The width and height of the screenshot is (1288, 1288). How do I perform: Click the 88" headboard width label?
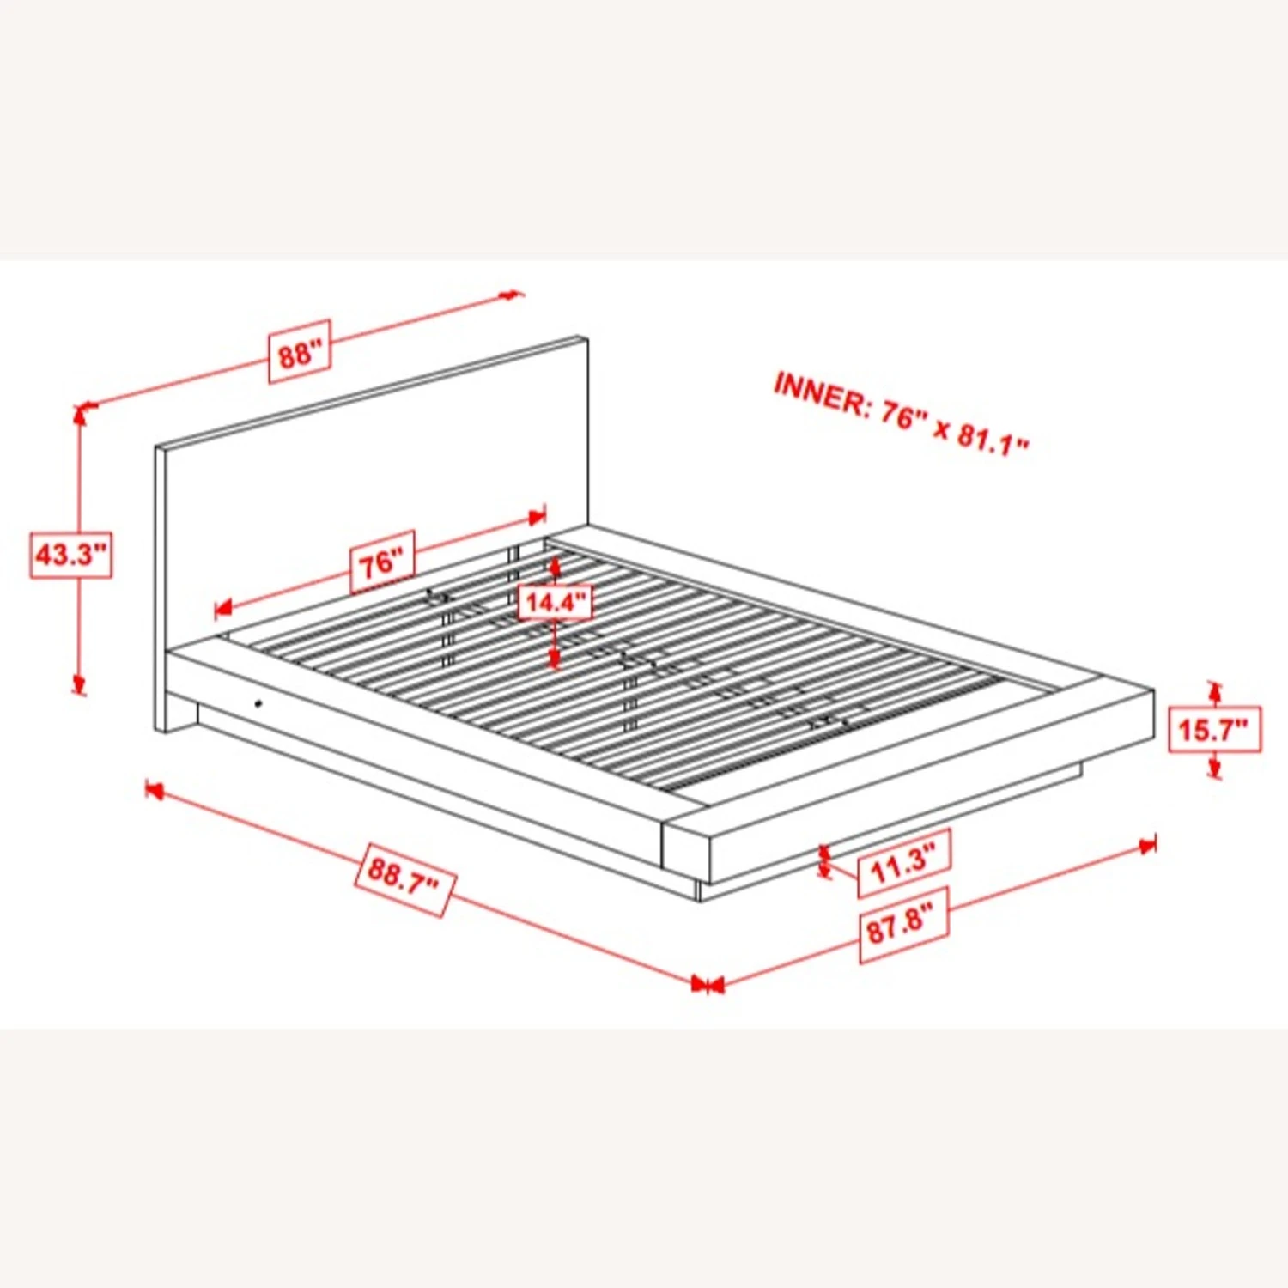300,351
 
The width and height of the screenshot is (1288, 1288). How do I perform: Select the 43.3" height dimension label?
71,555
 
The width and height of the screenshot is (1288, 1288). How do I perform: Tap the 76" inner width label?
382,562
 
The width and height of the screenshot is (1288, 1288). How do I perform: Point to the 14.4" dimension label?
556,601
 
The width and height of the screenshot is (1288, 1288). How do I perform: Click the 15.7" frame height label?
1215,730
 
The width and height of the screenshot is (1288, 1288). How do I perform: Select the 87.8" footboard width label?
903,926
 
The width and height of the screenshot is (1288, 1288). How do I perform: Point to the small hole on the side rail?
258,704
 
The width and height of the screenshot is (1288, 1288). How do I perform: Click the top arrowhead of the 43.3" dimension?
80,416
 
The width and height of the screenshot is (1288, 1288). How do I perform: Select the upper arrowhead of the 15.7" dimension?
1214,690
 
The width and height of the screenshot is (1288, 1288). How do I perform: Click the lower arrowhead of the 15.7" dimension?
1214,769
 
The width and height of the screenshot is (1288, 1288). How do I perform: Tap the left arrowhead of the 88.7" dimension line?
155,789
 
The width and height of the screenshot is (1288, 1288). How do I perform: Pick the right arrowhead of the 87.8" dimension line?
1146,847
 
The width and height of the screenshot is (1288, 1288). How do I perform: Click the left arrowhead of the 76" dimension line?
224,609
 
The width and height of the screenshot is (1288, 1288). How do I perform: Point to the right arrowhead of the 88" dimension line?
512,295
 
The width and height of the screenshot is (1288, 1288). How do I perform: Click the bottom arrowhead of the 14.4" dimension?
555,659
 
